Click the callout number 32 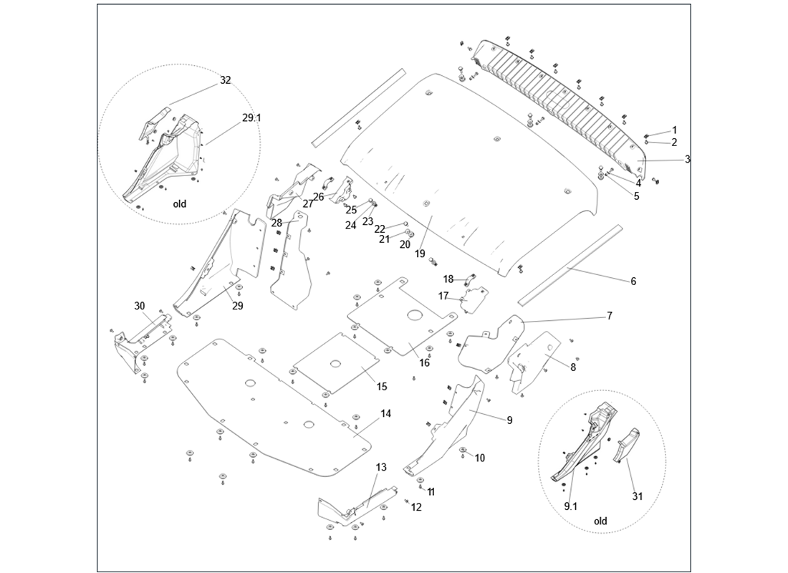(x=226, y=80)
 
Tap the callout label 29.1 (x=251, y=117)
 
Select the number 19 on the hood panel (x=420, y=254)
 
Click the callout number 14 (x=385, y=413)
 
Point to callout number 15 (x=382, y=386)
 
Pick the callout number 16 (x=425, y=362)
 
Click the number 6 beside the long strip (x=633, y=281)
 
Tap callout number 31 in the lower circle (x=637, y=495)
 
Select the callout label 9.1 (x=571, y=506)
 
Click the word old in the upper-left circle (x=180, y=203)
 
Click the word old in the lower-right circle (x=600, y=521)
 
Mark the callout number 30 (x=140, y=306)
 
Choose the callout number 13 (x=381, y=467)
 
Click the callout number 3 (x=687, y=159)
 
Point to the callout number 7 (x=610, y=315)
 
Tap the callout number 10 (x=479, y=457)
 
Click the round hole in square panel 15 (x=335, y=365)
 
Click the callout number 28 (x=276, y=223)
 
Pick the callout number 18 (x=448, y=279)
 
